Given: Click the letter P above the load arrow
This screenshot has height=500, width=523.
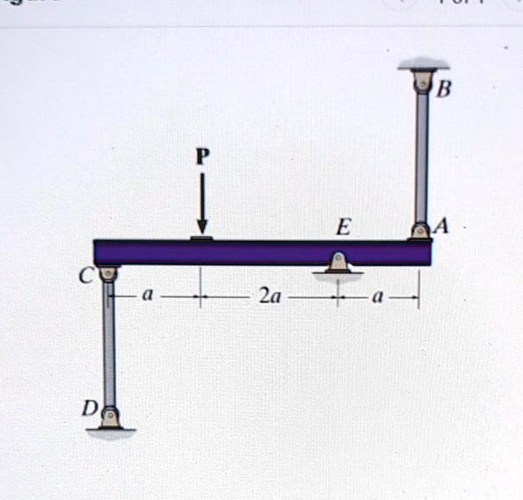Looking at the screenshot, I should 203,157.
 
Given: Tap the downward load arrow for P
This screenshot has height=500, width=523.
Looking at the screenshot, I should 203,204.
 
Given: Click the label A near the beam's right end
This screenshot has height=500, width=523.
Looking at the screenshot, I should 442,226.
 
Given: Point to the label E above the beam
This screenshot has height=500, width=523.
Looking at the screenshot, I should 345,228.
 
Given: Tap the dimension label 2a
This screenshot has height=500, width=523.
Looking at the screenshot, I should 269,299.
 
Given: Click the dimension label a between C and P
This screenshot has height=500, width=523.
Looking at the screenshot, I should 148,296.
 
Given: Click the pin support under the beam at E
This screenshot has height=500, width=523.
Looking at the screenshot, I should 338,263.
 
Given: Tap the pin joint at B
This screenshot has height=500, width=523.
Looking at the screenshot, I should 423,83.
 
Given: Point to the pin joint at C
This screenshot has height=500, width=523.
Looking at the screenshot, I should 108,276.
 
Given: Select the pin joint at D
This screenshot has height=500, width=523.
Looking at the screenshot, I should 109,417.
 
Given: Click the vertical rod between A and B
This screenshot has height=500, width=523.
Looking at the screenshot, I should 422,156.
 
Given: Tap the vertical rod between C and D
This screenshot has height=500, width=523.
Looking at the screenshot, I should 109,347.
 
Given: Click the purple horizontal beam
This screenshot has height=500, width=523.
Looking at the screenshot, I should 260,252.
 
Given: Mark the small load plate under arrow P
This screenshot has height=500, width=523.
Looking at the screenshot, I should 202,236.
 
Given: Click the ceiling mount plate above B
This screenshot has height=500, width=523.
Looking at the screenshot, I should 423,67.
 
